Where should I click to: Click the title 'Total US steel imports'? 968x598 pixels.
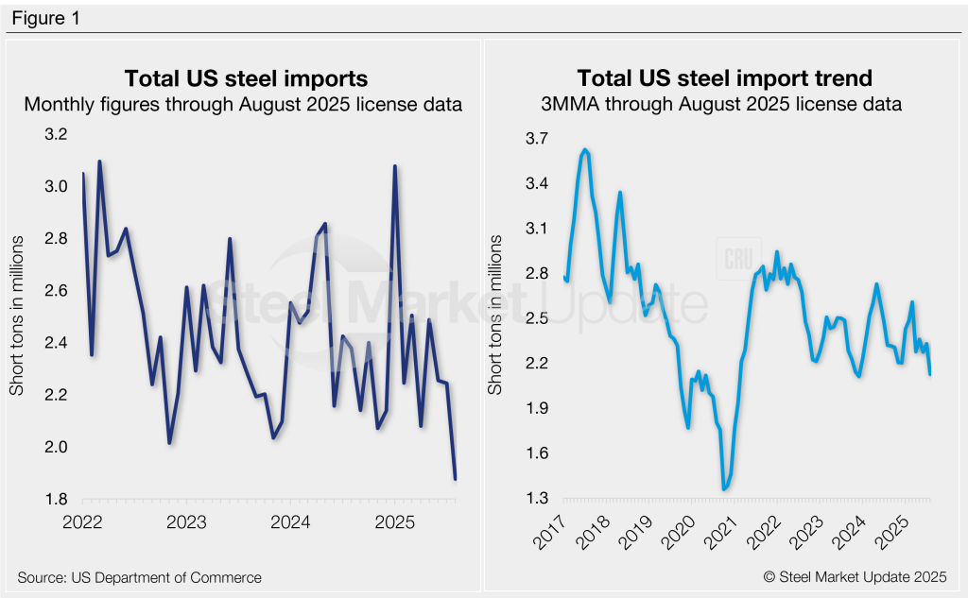247,77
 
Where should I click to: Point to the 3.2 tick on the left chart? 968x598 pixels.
57,135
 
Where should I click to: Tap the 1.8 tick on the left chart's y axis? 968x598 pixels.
57,499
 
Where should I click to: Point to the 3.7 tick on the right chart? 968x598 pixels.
536,138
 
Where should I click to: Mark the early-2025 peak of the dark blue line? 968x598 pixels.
394,166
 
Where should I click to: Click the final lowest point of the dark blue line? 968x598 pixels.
456,479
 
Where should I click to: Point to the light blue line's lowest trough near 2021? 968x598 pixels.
724,488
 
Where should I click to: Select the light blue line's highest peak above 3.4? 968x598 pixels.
585,149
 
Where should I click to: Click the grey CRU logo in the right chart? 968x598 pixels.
737,258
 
